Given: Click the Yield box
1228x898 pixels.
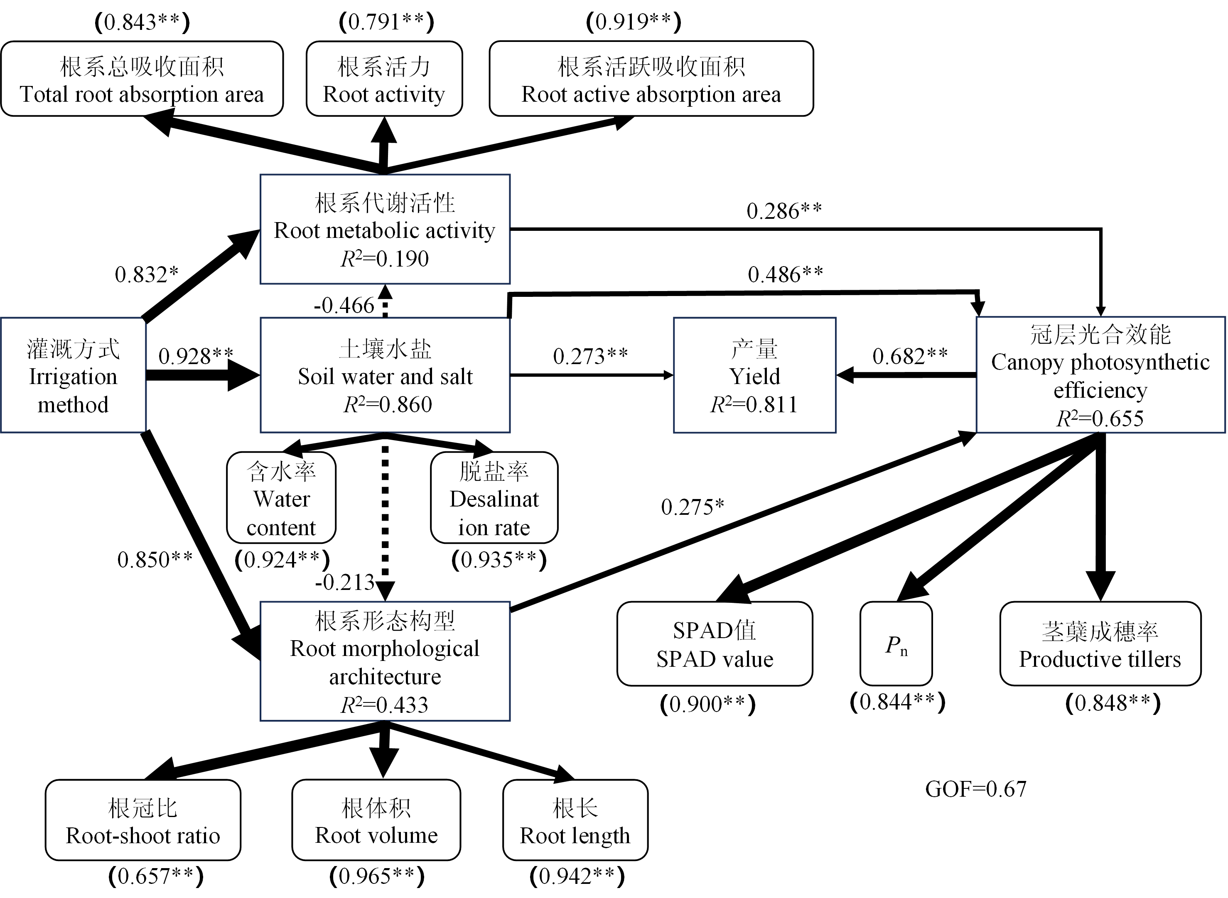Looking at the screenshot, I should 754,375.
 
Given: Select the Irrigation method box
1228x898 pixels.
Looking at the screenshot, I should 73,375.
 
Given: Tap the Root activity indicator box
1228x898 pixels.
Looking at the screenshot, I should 384,79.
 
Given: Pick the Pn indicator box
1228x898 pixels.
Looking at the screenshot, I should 896,644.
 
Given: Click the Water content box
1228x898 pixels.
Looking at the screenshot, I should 281,498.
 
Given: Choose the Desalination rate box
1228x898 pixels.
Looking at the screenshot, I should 494,498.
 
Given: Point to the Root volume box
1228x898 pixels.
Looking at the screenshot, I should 376,820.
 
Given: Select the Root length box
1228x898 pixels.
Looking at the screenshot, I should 575,820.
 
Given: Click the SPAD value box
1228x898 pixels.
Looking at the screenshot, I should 715,644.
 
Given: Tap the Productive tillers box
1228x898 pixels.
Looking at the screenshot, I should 1100,644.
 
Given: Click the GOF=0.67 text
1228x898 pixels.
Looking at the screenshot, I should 976,789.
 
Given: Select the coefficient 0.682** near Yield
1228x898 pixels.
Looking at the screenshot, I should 910,356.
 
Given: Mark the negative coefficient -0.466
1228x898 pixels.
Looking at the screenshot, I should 344,306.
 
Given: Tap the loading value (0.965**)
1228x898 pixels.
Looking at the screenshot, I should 377,876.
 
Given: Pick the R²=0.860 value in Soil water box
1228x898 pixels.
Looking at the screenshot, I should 387,404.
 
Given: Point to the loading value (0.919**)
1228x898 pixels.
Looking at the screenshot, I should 634,22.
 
